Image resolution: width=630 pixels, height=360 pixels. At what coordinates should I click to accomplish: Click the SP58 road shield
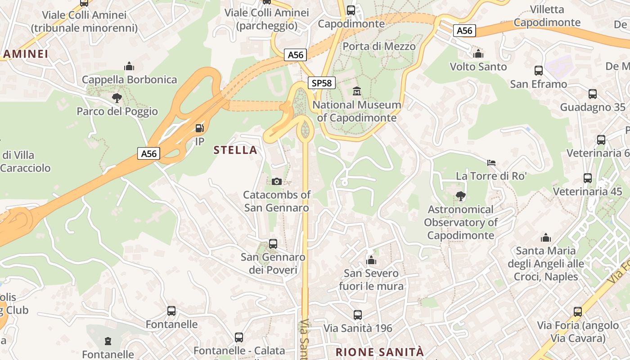(322, 83)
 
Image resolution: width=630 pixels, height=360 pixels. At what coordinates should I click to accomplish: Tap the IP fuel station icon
(199, 129)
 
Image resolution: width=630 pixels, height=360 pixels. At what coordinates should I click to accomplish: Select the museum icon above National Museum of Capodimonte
(357, 91)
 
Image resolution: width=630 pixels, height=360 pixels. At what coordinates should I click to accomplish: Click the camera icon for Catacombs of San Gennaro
(277, 181)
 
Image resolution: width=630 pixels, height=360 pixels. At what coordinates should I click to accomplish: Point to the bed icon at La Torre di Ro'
(491, 162)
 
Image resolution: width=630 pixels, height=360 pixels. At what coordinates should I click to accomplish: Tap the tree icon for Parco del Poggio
(117, 98)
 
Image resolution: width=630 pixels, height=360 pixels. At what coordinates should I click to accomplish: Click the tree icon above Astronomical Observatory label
(460, 196)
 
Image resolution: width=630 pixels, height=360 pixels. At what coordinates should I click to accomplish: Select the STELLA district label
(236, 150)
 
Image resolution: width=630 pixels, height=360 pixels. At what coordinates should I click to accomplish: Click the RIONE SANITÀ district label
(380, 351)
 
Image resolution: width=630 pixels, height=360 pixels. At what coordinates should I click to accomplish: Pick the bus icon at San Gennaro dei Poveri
(273, 244)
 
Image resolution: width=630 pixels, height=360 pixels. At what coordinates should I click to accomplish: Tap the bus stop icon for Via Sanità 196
(358, 315)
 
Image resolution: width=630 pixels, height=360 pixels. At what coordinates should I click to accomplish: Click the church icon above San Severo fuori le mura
(371, 260)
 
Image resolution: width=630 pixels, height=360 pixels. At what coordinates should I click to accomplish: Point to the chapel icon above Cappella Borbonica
(129, 67)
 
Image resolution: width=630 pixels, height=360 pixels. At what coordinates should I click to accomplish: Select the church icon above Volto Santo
(478, 54)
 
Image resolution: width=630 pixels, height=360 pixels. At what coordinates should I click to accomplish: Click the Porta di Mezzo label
(379, 46)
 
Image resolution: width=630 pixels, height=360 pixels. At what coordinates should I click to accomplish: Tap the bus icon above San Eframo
(538, 71)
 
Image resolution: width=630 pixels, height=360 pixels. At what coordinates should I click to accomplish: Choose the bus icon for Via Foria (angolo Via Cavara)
(578, 312)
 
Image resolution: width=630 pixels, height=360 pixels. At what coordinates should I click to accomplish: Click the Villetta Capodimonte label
(547, 16)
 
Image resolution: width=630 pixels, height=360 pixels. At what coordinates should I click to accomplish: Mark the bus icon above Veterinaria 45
(588, 178)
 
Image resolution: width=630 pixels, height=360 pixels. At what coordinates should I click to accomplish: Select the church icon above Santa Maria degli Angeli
(546, 238)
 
